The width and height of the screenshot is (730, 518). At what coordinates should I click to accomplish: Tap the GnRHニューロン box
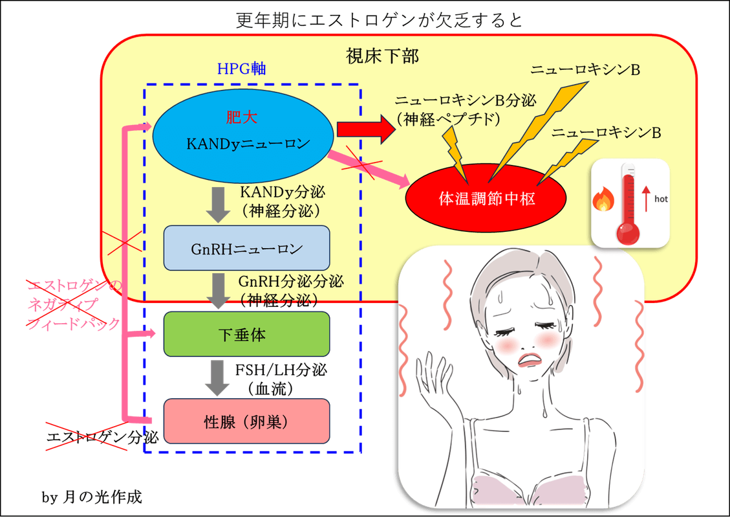pyautogui.click(x=246, y=247)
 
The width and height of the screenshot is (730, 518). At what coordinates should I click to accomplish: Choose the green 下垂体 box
pyautogui.click(x=246, y=334)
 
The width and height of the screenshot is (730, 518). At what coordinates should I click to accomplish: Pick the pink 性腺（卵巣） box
pyautogui.click(x=246, y=422)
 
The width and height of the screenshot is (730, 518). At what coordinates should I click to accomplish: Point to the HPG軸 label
pyautogui.click(x=242, y=69)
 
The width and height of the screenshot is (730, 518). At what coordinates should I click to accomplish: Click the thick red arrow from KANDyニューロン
pyautogui.click(x=365, y=131)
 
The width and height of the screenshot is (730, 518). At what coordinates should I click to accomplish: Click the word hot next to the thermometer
pyautogui.click(x=660, y=199)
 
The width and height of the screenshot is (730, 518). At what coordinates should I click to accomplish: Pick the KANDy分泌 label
pyautogui.click(x=282, y=192)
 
